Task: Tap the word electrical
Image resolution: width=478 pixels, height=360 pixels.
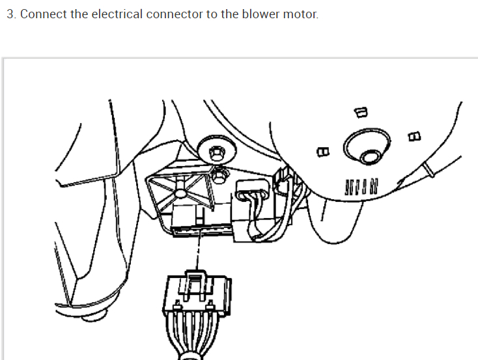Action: (x=117, y=14)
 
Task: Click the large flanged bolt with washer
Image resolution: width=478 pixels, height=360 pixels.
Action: (x=215, y=152)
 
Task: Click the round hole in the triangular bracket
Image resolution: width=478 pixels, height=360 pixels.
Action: (x=177, y=193)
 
